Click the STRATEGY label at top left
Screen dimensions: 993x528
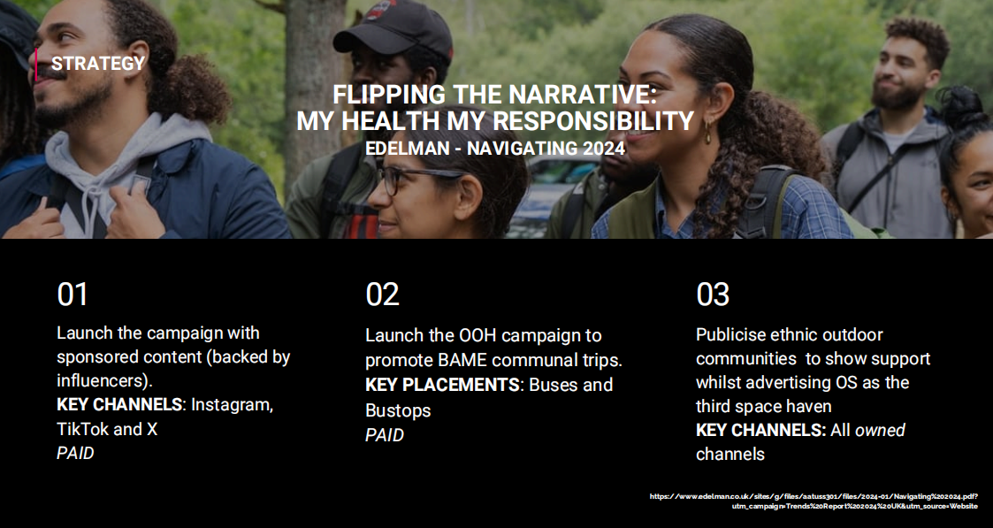(98, 64)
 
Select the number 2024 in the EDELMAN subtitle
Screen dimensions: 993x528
(601, 149)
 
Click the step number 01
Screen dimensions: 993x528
(73, 295)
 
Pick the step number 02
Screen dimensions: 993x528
(382, 295)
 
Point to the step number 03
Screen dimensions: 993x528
(713, 295)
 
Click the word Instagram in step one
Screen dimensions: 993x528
(232, 405)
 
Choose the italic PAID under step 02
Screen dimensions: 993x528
(385, 435)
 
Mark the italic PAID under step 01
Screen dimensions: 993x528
(75, 454)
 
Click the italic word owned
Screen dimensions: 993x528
(881, 431)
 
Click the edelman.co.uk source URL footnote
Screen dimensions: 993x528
(813, 501)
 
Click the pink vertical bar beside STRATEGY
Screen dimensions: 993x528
(36, 65)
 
